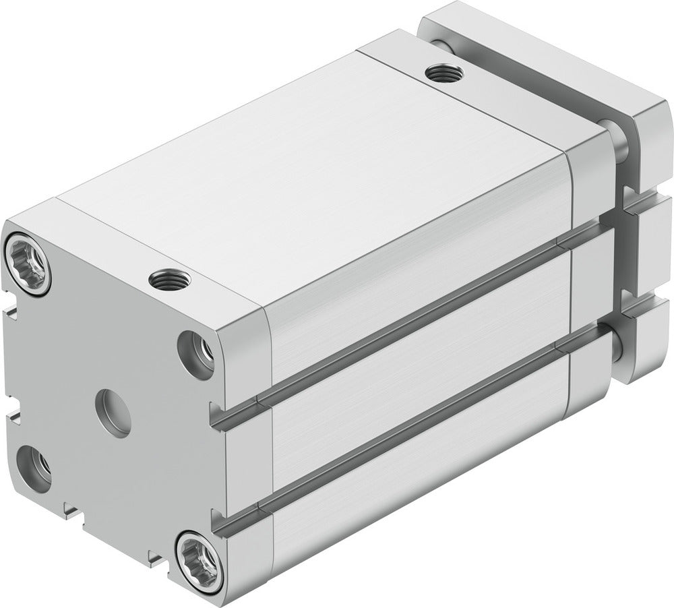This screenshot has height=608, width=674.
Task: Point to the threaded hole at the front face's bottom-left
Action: (34, 466)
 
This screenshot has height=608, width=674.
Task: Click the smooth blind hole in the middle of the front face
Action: (113, 413)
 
